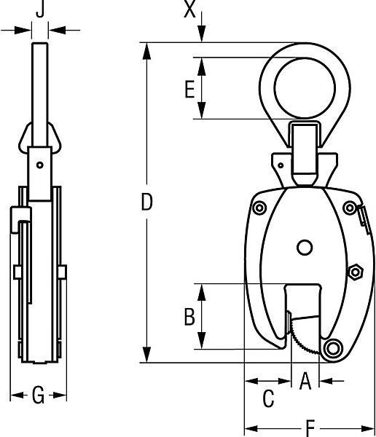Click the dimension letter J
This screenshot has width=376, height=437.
pyautogui.click(x=41, y=9)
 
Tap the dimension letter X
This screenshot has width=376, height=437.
pyautogui.click(x=190, y=9)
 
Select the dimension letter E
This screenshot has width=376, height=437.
pyautogui.click(x=189, y=90)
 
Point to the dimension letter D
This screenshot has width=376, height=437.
pyautogui.click(x=146, y=203)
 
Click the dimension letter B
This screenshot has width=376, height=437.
pyautogui.click(x=189, y=317)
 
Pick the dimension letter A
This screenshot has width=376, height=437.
pyautogui.click(x=305, y=380)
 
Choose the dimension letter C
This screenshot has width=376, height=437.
pyautogui.click(x=267, y=399)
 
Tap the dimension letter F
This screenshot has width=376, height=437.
pyautogui.click(x=310, y=428)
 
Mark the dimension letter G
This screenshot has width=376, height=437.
pyautogui.click(x=39, y=396)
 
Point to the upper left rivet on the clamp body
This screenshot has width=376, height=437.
pyautogui.click(x=259, y=208)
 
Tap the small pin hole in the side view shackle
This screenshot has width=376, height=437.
pyautogui.click(x=40, y=165)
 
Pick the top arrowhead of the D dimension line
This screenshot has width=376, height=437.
pyautogui.click(x=147, y=48)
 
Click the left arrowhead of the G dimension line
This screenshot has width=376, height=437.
pyautogui.click(x=15, y=396)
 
